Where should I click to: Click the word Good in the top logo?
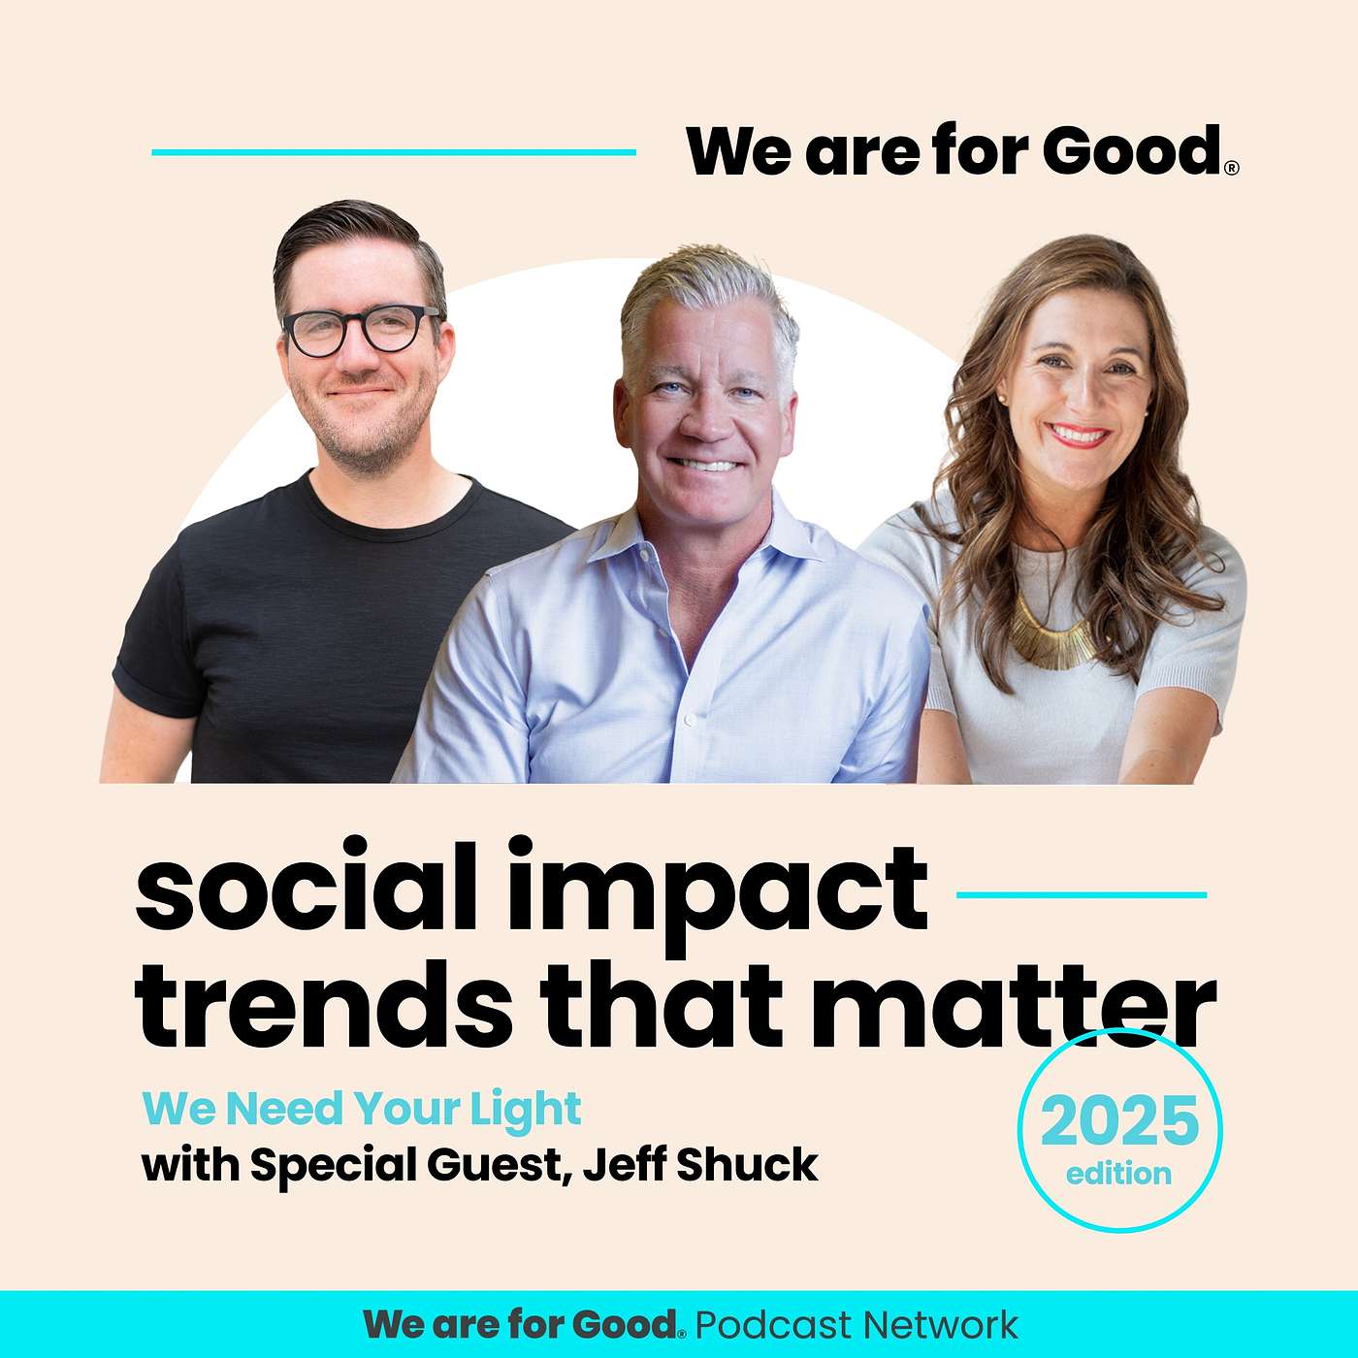[1133, 150]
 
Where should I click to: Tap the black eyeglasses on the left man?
[362, 329]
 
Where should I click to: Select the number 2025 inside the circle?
[1119, 1120]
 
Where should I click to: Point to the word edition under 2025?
[1119, 1174]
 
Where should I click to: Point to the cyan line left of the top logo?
[394, 151]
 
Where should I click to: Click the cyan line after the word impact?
[1081, 894]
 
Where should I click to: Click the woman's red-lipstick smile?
[1078, 435]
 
